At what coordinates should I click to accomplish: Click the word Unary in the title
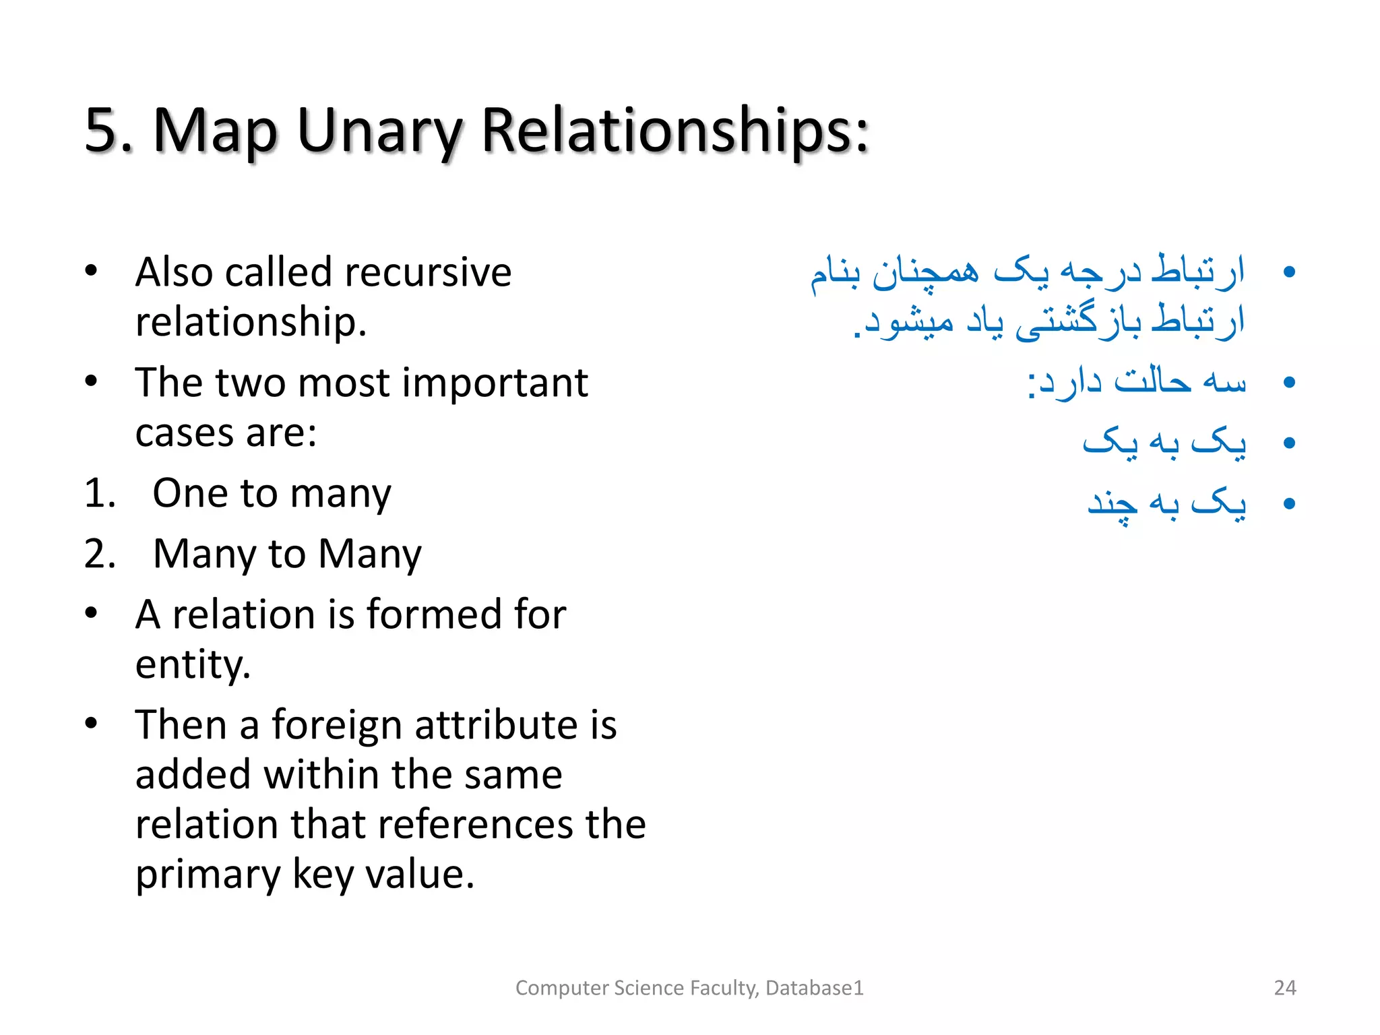pyautogui.click(x=377, y=131)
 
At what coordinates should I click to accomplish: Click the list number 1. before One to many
pyautogui.click(x=100, y=493)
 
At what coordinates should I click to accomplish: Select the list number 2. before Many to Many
pyautogui.click(x=100, y=554)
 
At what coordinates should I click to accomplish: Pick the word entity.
pyautogui.click(x=193, y=664)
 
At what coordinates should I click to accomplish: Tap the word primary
pyautogui.click(x=208, y=875)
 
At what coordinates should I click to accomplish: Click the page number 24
pyautogui.click(x=1285, y=988)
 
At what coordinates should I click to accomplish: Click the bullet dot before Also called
pyautogui.click(x=92, y=272)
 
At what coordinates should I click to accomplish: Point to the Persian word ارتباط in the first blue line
pyautogui.click(x=1197, y=272)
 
